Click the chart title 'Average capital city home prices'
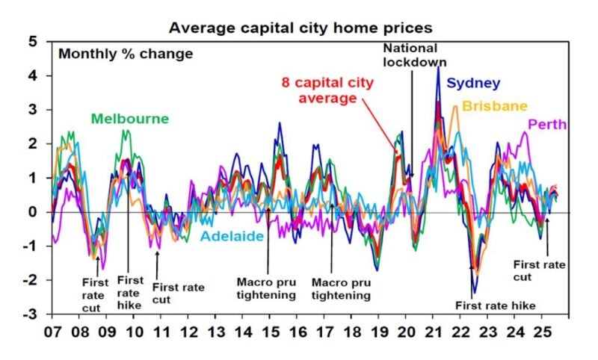tap(300, 28)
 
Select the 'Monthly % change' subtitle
tap(126, 54)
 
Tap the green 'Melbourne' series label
tap(129, 119)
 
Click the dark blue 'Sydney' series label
tap(474, 83)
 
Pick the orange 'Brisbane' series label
tap(495, 106)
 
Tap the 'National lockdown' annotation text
tap(409, 55)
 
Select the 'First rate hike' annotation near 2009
tap(130, 288)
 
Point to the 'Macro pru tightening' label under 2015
tap(268, 288)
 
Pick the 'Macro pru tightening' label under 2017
tap(341, 288)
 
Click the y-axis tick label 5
tap(32, 42)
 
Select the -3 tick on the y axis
tap(30, 314)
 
